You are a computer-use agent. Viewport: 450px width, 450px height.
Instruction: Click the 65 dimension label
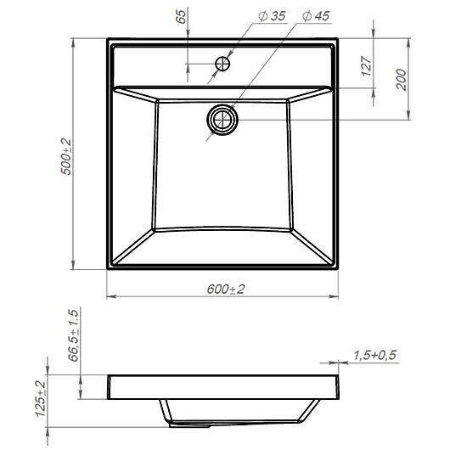(x=181, y=16)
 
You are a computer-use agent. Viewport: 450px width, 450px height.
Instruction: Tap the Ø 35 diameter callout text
(x=272, y=16)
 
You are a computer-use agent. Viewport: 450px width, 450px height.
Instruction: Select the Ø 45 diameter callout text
(x=316, y=16)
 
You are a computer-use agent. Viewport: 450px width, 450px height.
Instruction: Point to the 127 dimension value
(x=367, y=66)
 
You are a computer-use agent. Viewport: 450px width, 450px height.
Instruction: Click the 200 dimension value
(x=402, y=80)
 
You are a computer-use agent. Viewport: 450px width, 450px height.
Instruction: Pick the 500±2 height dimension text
(x=66, y=157)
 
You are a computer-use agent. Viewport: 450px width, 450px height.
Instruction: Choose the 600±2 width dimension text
(x=226, y=289)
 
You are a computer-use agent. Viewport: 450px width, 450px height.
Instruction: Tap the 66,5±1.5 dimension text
(x=74, y=335)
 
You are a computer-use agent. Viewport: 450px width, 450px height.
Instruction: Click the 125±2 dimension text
(x=41, y=398)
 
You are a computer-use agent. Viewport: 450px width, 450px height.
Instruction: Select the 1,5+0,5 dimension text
(x=374, y=355)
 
